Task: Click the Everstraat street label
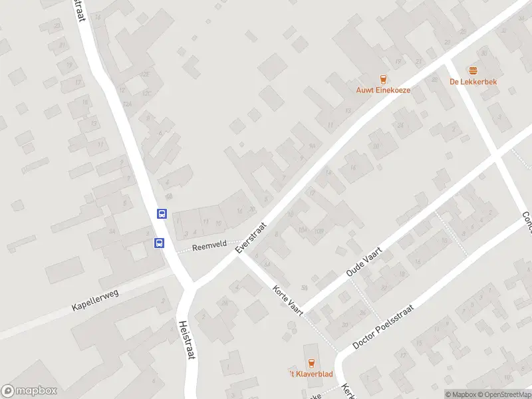coord(251,237)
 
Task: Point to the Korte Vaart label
coord(288,299)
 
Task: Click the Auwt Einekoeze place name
coord(382,90)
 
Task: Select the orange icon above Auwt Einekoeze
coord(382,79)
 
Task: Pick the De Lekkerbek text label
coord(473,82)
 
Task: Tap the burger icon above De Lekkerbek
coord(473,70)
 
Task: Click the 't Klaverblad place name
coord(311,374)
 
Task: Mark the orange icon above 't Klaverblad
coord(311,362)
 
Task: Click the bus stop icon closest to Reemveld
coord(159,243)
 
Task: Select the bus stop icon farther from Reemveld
coord(162,213)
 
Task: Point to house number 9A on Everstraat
coord(312,147)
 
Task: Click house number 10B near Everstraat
coord(319,231)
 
